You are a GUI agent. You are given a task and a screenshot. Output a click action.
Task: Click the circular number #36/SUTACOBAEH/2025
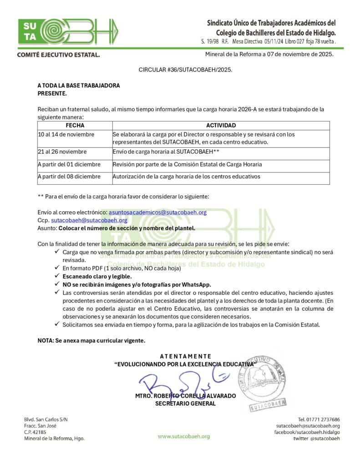[x=185, y=70]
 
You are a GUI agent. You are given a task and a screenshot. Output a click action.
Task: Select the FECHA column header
[x=75, y=125]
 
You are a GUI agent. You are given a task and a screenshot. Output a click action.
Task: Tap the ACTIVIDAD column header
[x=221, y=125]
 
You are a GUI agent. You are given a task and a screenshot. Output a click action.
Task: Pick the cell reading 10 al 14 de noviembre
[x=66, y=135]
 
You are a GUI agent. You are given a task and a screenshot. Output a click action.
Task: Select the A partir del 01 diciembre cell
[x=68, y=164]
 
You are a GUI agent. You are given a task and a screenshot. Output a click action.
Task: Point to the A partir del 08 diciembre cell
[x=68, y=177]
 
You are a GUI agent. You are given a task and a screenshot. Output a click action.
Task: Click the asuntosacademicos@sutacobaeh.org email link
[x=157, y=212]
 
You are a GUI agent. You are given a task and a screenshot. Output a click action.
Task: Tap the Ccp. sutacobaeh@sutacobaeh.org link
[x=89, y=220]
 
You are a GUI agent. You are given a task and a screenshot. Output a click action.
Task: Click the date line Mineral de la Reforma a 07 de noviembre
[x=269, y=55]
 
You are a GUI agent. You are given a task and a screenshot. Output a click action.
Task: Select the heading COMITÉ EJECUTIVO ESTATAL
[x=58, y=55]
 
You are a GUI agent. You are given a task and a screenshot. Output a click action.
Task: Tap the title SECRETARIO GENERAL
[x=185, y=404]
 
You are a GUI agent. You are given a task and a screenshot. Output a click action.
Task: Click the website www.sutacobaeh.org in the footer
[x=184, y=436]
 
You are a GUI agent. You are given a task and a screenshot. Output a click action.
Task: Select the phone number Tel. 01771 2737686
[x=318, y=420]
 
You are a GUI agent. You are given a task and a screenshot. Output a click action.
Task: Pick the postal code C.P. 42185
[x=35, y=432]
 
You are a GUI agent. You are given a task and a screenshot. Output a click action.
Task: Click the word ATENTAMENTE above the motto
[x=185, y=356]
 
